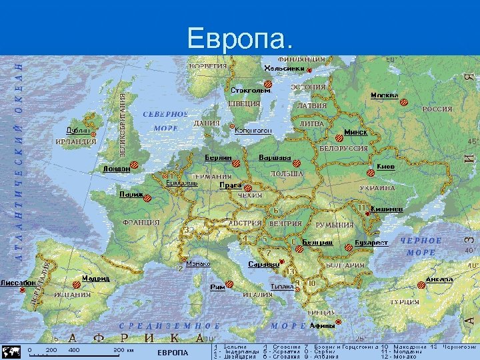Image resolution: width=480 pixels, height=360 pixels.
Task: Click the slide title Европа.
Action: pos(240,38)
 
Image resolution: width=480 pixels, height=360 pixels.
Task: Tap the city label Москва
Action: pos(384,95)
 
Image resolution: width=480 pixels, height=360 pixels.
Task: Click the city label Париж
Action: pos(131,195)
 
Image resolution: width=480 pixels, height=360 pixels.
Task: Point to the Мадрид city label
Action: pos(96,278)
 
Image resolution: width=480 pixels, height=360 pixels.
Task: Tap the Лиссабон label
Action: pos(18,283)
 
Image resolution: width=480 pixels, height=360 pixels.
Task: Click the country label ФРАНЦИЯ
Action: pos(141,222)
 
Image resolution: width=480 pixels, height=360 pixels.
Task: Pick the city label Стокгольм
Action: pos(250,90)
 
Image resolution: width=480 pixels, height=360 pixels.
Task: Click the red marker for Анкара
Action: pos(421,285)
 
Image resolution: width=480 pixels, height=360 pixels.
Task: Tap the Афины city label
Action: pos(322,325)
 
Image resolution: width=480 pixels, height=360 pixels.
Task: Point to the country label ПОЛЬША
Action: pos(287,173)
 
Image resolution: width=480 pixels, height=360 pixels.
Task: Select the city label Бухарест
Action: pos(371,243)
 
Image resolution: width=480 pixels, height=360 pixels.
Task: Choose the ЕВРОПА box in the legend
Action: pos(173,352)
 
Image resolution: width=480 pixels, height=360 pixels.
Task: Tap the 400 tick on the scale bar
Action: pos(73,349)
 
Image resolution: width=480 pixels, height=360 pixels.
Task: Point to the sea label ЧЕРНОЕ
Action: pos(421,240)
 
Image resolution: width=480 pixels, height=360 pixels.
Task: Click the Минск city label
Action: pos(355,132)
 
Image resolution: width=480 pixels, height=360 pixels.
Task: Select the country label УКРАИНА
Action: pos(377,189)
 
